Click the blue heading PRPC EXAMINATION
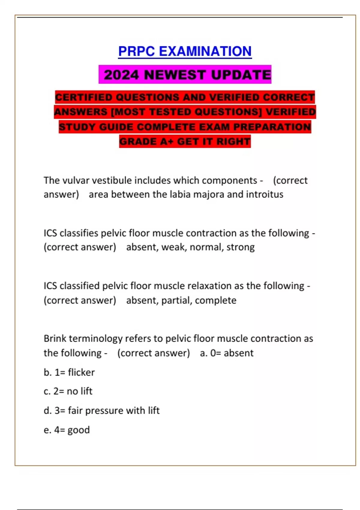click(185, 51)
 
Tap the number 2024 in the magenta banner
click(121, 75)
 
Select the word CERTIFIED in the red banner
click(84, 97)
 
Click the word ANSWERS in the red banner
click(80, 112)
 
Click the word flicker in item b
click(81, 372)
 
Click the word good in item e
click(79, 430)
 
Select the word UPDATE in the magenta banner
click(241, 75)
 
